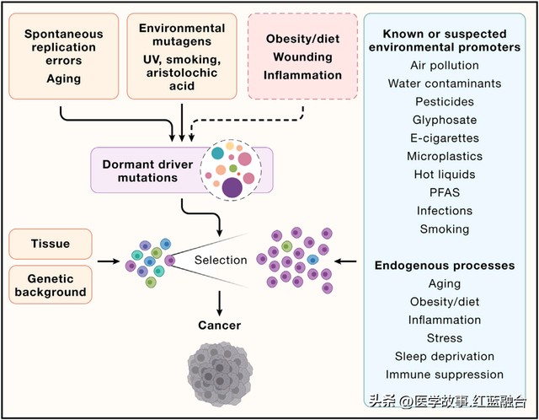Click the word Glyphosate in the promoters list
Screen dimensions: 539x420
pyautogui.click(x=445, y=120)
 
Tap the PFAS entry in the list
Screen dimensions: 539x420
pyautogui.click(x=445, y=192)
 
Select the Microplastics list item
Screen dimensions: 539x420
pyautogui.click(x=445, y=156)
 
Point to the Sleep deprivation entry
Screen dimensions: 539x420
pyautogui.click(x=445, y=356)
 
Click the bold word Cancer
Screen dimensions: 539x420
pyautogui.click(x=219, y=326)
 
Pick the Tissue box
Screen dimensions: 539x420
pyautogui.click(x=51, y=244)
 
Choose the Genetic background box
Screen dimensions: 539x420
pyautogui.click(x=51, y=285)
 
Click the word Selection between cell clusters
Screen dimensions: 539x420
pyautogui.click(x=221, y=260)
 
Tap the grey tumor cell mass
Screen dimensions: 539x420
pyautogui.click(x=220, y=374)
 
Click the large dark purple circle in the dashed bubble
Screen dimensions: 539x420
pyautogui.click(x=232, y=188)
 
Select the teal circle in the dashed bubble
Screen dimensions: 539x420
pyautogui.click(x=217, y=153)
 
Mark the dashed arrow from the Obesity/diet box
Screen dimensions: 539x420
pyautogui.click(x=248, y=121)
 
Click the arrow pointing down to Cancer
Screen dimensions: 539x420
pyautogui.click(x=219, y=304)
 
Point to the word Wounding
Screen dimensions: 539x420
pyautogui.click(x=302, y=57)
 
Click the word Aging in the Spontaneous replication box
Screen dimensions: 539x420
pyautogui.click(x=64, y=78)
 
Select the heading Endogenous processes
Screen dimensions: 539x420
pyautogui.click(x=445, y=266)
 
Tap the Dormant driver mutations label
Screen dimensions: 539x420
pyautogui.click(x=147, y=170)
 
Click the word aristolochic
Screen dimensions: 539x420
pyautogui.click(x=182, y=73)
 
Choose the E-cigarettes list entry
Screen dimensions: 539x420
pyautogui.click(x=445, y=138)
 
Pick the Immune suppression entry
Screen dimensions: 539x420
pyautogui.click(x=445, y=374)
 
